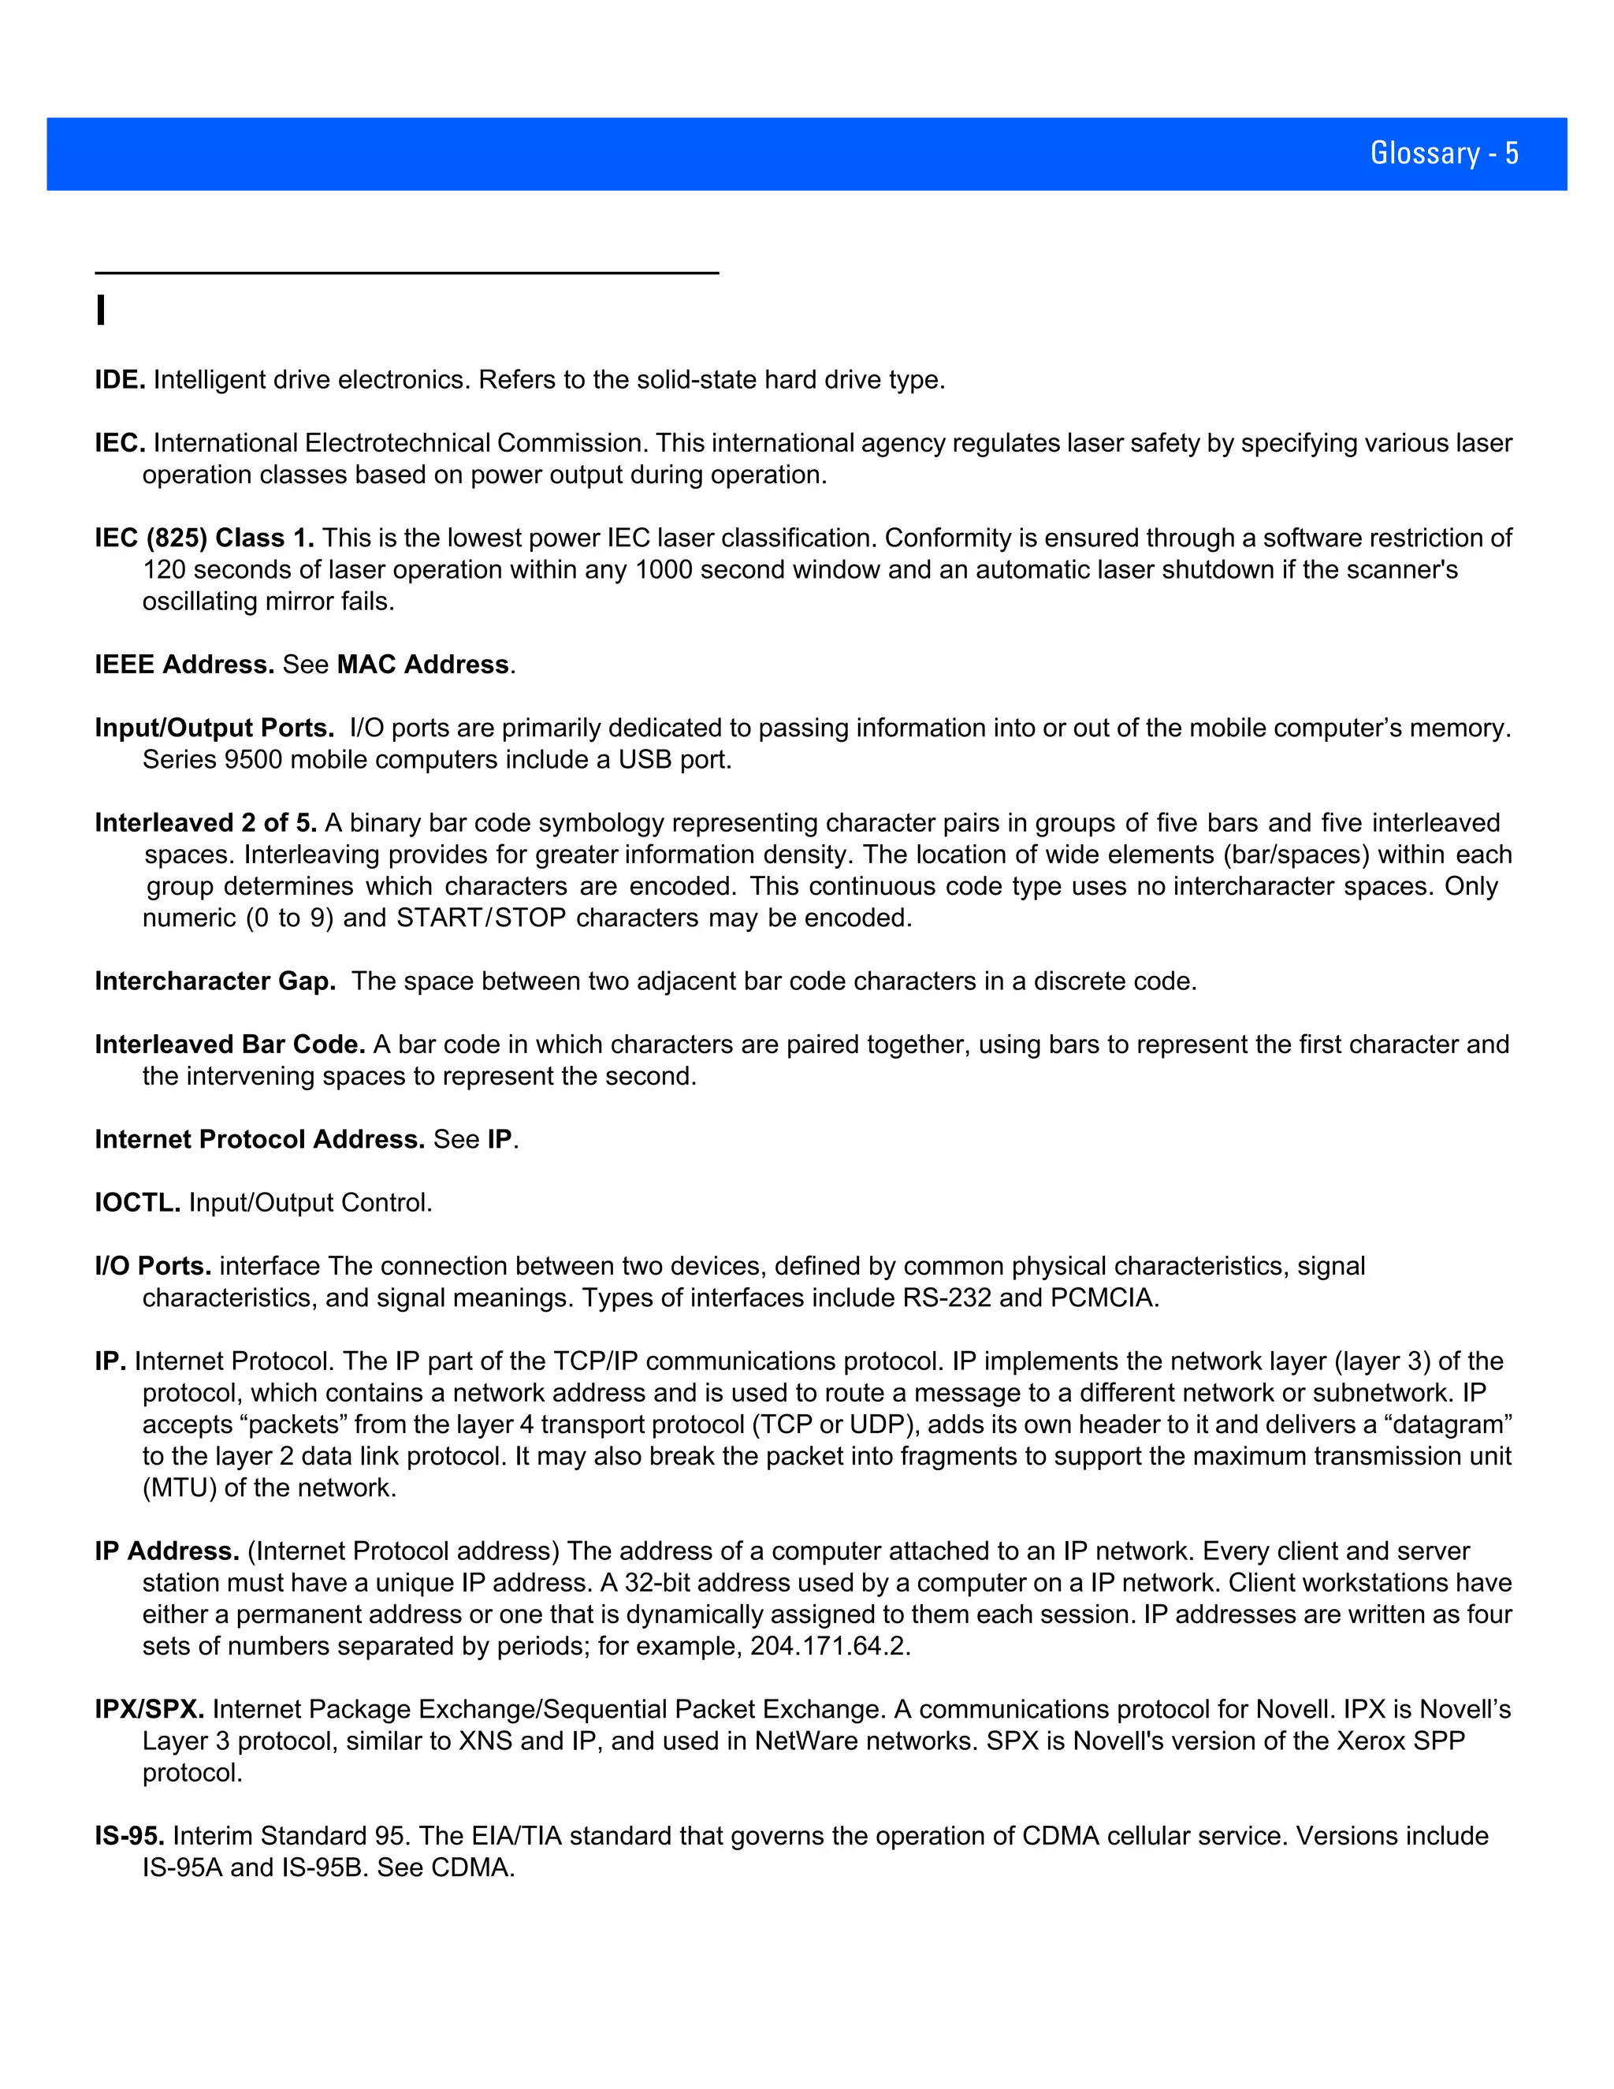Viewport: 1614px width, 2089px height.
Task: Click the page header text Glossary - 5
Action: click(x=1444, y=153)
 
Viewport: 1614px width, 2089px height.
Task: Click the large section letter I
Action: click(x=100, y=311)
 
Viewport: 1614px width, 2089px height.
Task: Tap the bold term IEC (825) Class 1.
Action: click(x=203, y=538)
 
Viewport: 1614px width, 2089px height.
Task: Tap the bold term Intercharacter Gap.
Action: click(x=215, y=981)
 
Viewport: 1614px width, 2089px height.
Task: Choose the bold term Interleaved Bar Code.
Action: click(x=229, y=1044)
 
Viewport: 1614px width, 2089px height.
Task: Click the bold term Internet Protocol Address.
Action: click(x=259, y=1139)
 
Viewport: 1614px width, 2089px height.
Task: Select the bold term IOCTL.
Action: click(x=136, y=1202)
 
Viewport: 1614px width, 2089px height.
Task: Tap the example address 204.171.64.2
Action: click(x=829, y=1646)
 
